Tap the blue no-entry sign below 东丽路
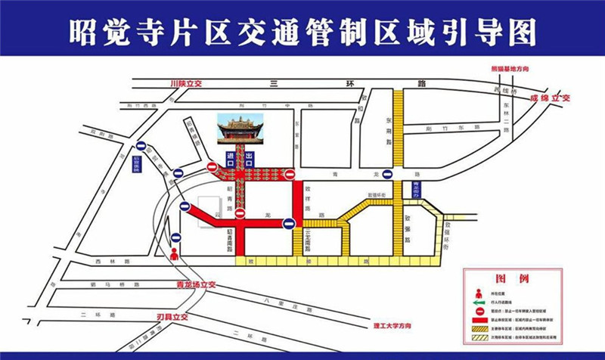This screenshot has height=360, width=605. tap(387, 174)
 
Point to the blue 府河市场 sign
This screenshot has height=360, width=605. tap(137, 163)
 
